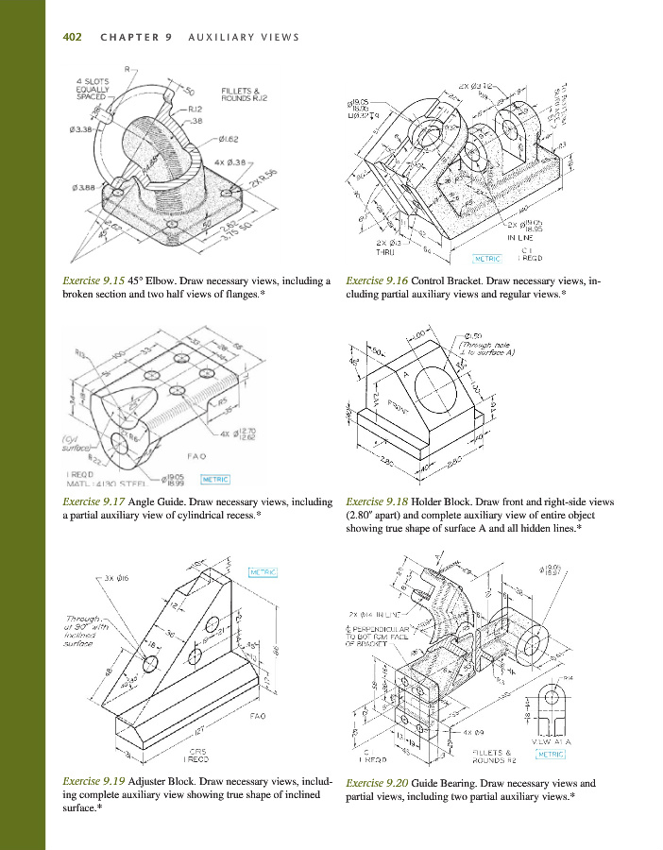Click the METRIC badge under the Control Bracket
(x=488, y=257)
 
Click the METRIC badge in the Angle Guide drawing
(x=210, y=478)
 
